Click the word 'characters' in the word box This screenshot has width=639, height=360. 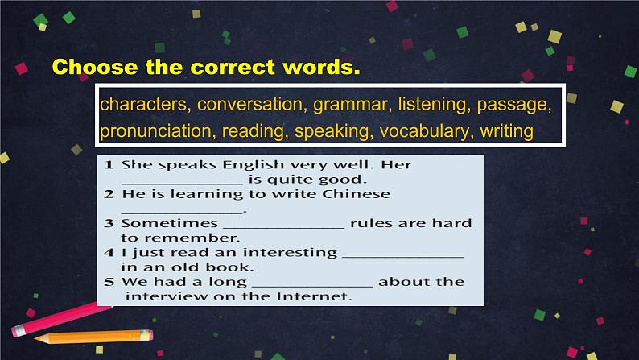(x=143, y=105)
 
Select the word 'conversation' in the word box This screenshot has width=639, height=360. (x=250, y=105)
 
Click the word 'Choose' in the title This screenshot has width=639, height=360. (x=95, y=67)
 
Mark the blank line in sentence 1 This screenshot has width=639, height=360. (x=182, y=184)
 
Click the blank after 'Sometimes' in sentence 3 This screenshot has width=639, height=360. (x=284, y=228)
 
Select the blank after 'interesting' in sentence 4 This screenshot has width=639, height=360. (x=402, y=257)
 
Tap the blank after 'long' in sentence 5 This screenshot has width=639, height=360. (x=312, y=287)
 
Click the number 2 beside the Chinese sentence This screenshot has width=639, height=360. (x=109, y=194)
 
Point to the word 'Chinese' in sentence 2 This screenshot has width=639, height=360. (x=357, y=193)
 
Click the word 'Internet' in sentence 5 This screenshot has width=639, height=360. (x=314, y=296)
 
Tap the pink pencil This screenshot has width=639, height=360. (x=61, y=320)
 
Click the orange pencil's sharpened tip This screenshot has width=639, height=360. (x=35, y=338)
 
